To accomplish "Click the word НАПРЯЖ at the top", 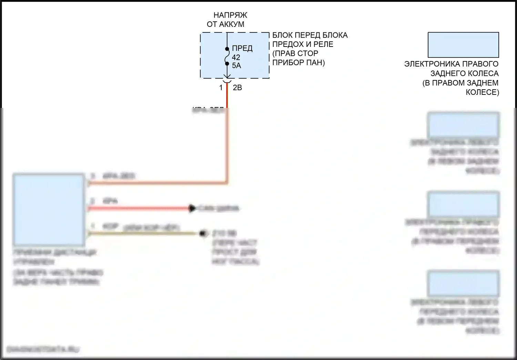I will pyautogui.click(x=230, y=15).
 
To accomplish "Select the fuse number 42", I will pyautogui.click(x=236, y=57).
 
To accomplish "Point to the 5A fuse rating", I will pyautogui.click(x=236, y=66).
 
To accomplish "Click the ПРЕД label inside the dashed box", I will pyautogui.click(x=242, y=48).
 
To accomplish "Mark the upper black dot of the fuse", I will pyautogui.click(x=227, y=49).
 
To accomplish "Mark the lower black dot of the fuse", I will pyautogui.click(x=227, y=63).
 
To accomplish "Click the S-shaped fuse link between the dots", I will pyautogui.click(x=227, y=56).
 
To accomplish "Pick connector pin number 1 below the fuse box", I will pyautogui.click(x=221, y=88).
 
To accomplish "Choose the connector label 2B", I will pyautogui.click(x=237, y=88).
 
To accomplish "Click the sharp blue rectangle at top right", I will pyautogui.click(x=463, y=45).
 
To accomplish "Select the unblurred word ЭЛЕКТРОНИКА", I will pyautogui.click(x=432, y=64).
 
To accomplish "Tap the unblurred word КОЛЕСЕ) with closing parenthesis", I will pyautogui.click(x=482, y=92).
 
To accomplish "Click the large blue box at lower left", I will pyautogui.click(x=49, y=210).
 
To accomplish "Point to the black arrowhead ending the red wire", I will pyautogui.click(x=192, y=208).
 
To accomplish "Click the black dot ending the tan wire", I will pyautogui.click(x=204, y=233).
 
